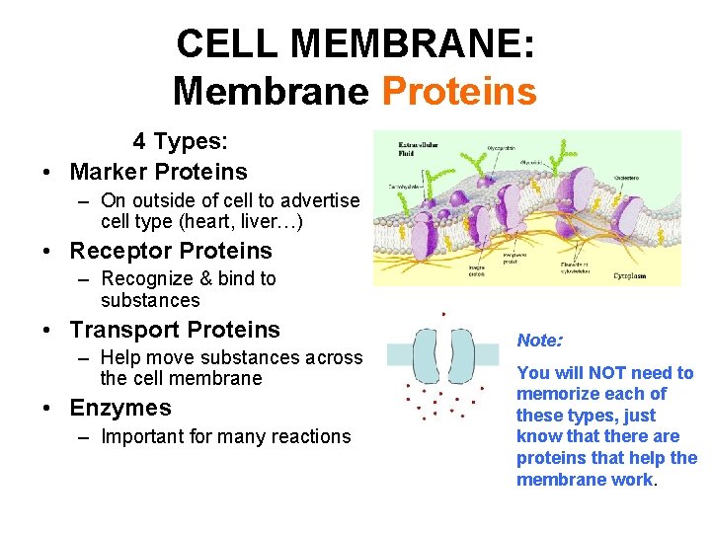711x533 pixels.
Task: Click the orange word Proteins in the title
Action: click(x=458, y=92)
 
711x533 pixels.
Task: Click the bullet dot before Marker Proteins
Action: click(x=47, y=172)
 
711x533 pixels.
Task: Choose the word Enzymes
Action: click(x=120, y=408)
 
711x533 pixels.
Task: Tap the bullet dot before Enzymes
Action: click(x=47, y=408)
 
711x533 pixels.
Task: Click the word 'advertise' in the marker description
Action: click(x=319, y=200)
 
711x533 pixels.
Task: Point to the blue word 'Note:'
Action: click(x=539, y=341)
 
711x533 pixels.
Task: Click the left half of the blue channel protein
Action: click(x=428, y=355)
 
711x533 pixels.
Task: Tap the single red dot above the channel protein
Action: click(x=444, y=315)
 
